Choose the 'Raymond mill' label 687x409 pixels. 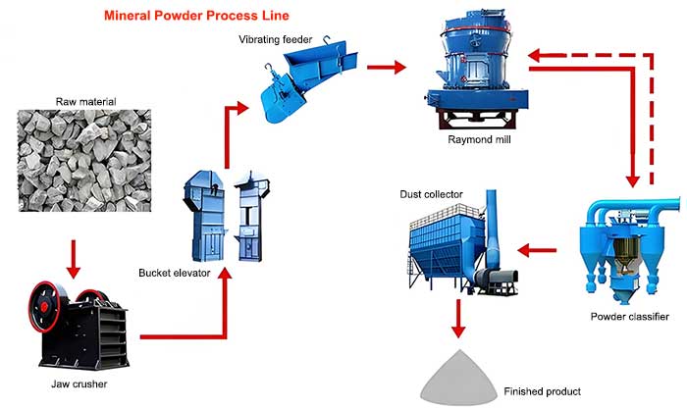pyautogui.click(x=477, y=140)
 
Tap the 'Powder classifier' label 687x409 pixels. pyautogui.click(x=629, y=316)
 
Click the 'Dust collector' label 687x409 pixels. pyautogui.click(x=431, y=195)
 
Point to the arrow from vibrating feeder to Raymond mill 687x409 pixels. pyautogui.click(x=386, y=68)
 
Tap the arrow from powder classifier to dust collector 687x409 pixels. pyautogui.click(x=536, y=251)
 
